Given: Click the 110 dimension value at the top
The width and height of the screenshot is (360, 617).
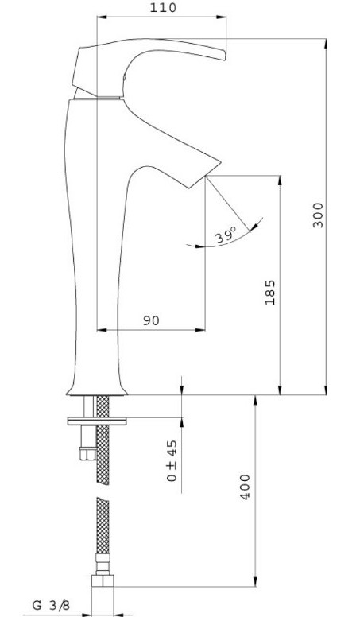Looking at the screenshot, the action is click(163, 7).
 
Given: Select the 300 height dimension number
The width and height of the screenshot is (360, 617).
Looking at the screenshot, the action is click(318, 215).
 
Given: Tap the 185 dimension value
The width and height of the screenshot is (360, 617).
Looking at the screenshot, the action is click(270, 293).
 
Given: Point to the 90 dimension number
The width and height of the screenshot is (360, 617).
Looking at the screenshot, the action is click(151, 320).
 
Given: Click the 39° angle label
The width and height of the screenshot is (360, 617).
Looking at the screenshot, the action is click(226, 235).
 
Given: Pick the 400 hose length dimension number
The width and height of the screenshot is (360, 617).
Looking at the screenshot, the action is click(245, 487).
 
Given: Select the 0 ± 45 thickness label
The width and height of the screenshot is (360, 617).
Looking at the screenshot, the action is click(172, 461).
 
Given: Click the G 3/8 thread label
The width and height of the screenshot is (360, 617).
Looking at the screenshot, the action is click(51, 605).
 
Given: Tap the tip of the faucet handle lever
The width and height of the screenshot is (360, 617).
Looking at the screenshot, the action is click(225, 55).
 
